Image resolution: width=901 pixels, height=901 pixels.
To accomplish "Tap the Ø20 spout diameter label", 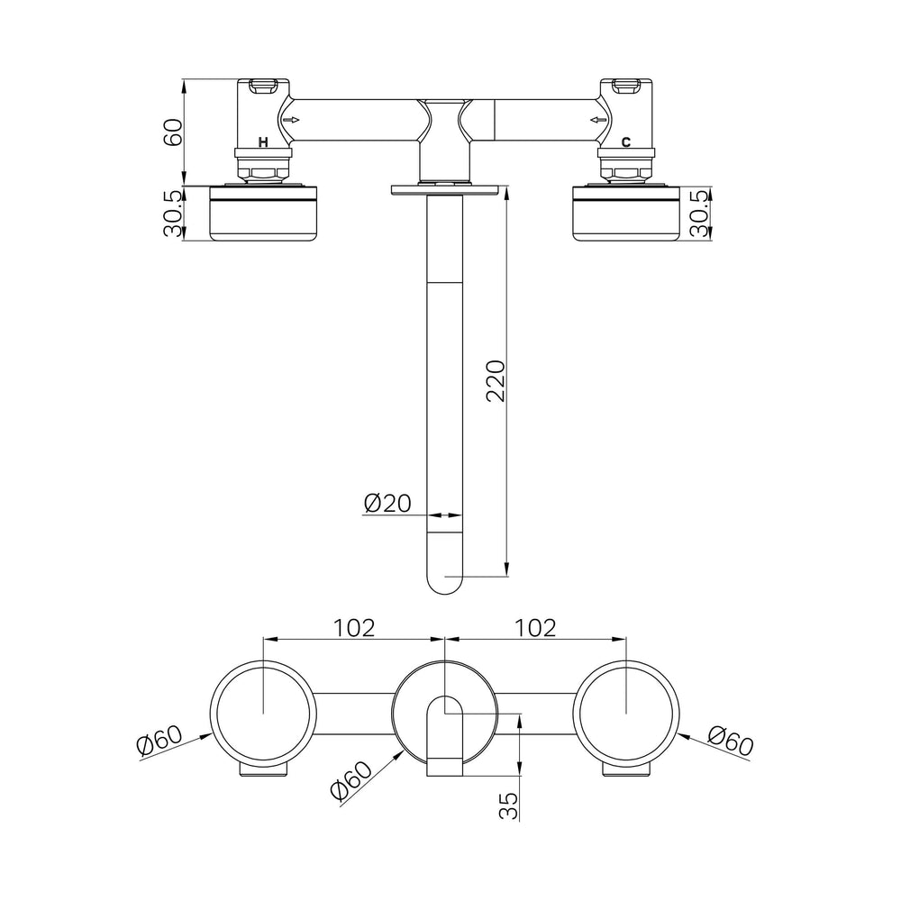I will (387, 504).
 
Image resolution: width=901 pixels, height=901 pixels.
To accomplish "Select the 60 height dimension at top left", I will (175, 132).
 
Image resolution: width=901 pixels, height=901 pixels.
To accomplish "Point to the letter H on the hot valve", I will (263, 142).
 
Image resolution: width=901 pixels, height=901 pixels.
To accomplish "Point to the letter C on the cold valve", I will (626, 142).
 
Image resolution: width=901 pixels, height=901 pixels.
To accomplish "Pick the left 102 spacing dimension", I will (353, 627).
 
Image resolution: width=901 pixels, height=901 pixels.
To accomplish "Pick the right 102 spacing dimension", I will (535, 627).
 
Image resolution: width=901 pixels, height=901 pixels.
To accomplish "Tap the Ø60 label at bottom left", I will (159, 742).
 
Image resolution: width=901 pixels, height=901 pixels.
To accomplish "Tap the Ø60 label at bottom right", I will (730, 742).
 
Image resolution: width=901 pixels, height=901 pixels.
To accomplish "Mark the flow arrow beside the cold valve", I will (598, 119).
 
